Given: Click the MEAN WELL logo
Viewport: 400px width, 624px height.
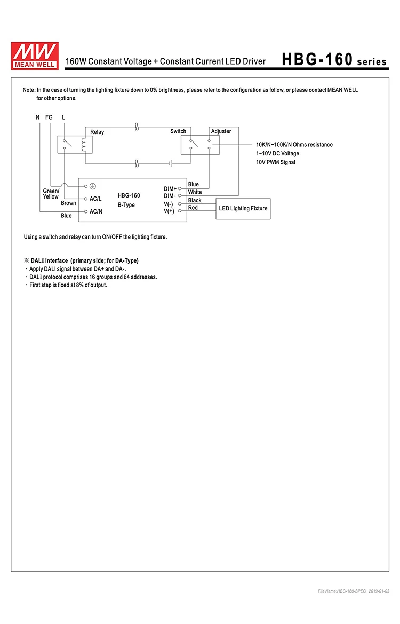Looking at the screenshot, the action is (35, 56).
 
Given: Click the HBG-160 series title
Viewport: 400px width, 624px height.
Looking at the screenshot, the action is (334, 60).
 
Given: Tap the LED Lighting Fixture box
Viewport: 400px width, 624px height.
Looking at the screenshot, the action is (243, 209).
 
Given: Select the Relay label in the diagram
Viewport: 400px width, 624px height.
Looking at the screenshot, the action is (97, 132).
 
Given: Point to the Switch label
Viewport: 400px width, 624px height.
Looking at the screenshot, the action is (178, 131).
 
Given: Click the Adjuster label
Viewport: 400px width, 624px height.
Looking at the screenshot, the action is (221, 131).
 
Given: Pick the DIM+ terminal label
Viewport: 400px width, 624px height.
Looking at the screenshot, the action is (170, 188).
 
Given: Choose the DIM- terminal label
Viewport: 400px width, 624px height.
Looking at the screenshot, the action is (170, 196).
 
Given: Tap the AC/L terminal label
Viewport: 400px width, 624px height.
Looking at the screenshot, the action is (95, 199).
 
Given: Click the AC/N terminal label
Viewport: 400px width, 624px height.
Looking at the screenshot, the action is (96, 211).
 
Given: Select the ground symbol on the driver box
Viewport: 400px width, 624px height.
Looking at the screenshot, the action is (93, 186).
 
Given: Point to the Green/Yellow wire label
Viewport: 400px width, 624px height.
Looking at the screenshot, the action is (51, 194).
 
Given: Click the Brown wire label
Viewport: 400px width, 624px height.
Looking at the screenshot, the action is (68, 203).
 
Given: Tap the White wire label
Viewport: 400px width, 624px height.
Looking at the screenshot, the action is (195, 192).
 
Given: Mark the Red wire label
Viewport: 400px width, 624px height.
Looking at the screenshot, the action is (193, 208).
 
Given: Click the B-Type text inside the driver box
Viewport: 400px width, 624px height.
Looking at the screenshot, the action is (126, 205).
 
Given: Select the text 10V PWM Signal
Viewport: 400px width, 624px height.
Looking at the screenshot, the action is (276, 162).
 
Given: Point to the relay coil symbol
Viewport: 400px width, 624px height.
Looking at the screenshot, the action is (84, 145).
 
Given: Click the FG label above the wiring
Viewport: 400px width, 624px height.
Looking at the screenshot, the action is (49, 117).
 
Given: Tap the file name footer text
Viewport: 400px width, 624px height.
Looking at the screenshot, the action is (354, 591).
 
